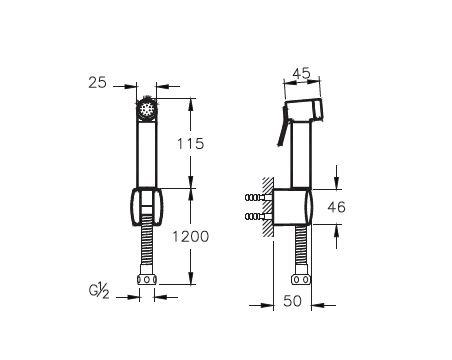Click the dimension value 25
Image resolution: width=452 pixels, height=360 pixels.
[98, 82]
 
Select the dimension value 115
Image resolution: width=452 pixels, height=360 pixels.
[190, 144]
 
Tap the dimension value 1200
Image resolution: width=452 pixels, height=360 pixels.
[190, 236]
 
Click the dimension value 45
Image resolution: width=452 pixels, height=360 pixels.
[302, 73]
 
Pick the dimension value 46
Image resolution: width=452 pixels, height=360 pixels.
[336, 207]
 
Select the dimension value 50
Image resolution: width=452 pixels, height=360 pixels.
[292, 301]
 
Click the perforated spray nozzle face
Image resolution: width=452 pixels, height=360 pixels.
[146, 108]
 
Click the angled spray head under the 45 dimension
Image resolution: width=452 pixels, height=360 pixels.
[304, 110]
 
